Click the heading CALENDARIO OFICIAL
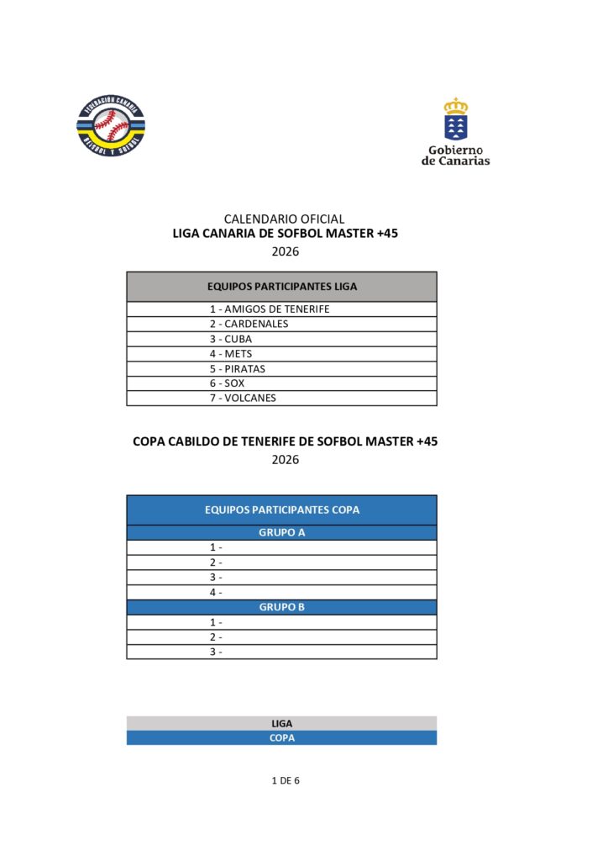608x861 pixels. [x=284, y=219]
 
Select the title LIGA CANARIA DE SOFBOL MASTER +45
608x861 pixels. [x=285, y=234]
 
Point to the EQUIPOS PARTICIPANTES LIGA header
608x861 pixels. [x=282, y=287]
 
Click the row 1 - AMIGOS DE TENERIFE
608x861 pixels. [x=270, y=309]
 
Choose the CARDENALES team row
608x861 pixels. [x=249, y=325]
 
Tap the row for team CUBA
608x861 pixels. [x=231, y=339]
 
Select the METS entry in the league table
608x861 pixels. [x=231, y=354]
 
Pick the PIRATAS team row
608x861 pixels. [x=238, y=369]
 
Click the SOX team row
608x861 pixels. [x=228, y=383]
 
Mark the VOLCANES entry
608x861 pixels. [x=243, y=399]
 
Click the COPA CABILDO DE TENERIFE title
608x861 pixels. [x=286, y=441]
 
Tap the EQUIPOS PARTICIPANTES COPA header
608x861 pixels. [x=282, y=510]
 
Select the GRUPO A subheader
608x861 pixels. [x=282, y=532]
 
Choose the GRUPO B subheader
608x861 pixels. [x=282, y=607]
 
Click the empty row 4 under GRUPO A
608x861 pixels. [x=282, y=593]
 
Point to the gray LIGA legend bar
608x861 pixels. [x=282, y=723]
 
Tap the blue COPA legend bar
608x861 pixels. [x=282, y=738]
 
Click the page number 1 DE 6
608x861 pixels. [x=286, y=780]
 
